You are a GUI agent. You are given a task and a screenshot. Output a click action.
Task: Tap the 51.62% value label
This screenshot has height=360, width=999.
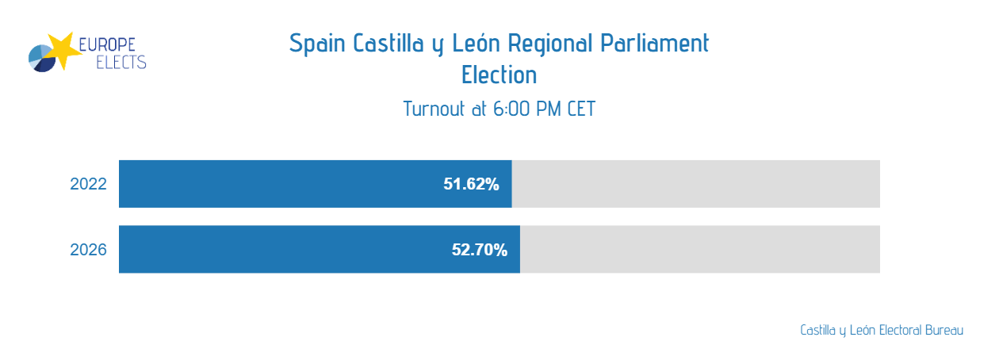point(471,185)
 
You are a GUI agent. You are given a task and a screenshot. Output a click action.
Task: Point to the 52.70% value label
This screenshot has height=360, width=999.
point(480,251)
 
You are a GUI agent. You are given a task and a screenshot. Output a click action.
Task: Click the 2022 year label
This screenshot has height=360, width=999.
point(88,185)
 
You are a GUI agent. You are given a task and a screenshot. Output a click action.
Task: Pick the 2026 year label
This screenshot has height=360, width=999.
point(88,251)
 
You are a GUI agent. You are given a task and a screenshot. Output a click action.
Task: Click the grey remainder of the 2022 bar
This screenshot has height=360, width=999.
point(696,184)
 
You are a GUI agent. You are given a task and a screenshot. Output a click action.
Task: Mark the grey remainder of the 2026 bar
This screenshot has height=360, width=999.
point(700,250)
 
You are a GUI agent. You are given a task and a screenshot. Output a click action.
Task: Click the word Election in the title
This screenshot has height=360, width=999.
point(499,75)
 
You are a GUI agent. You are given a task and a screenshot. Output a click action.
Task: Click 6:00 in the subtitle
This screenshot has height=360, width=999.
point(511,109)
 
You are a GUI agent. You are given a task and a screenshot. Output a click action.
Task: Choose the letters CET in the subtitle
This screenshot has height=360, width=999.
point(581,109)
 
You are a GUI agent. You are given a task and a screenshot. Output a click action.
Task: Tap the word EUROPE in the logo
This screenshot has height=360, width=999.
point(113,44)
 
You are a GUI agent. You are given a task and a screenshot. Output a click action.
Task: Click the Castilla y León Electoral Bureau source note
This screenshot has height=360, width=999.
point(882,330)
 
